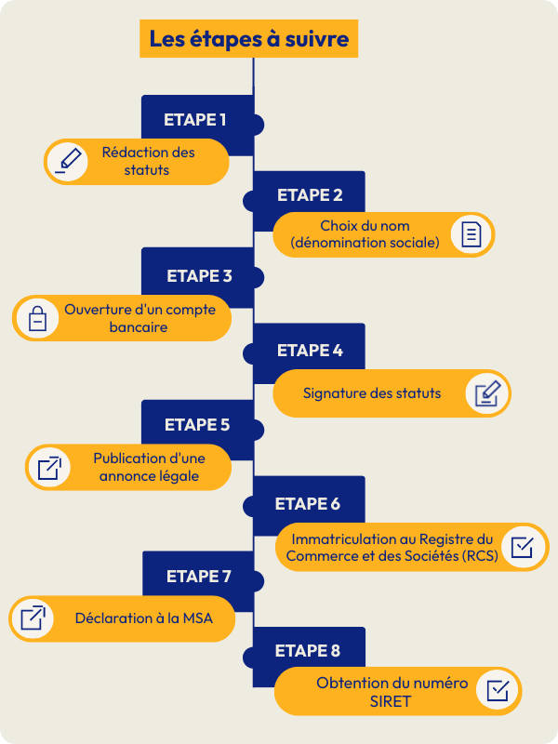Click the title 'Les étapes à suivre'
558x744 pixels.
pos(249,40)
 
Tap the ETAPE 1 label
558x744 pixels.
pos(195,119)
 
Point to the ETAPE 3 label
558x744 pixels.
pos(199,275)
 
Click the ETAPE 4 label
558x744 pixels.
pos(310,351)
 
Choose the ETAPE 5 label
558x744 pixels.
pos(197,425)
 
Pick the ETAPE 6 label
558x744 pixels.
pos(308,504)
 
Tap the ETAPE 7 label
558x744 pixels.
pos(198,577)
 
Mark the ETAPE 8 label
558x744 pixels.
pos(308,651)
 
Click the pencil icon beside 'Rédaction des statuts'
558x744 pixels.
pos(68,160)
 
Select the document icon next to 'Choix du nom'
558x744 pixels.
pos(472,233)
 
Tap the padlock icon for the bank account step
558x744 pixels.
pos(37,318)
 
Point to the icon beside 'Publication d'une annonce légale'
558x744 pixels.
pos(49,467)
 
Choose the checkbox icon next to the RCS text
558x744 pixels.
pos(523,545)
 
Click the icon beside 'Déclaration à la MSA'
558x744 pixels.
pos(33,618)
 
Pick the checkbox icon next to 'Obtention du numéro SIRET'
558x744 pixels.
pos(498,691)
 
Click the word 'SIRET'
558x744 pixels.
pos(391,701)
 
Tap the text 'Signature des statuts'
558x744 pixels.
pos(372,393)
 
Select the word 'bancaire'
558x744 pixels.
pos(136,327)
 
